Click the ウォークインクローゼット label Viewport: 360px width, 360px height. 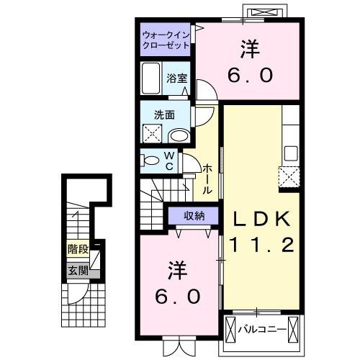pos(166,39)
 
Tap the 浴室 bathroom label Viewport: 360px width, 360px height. pos(177,78)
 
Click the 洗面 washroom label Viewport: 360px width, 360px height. pos(164,113)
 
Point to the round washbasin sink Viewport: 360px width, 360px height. pos(178,135)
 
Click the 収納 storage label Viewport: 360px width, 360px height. pos(193,215)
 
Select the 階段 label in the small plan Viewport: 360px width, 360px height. pos(78,250)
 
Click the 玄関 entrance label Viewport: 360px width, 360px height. pos(78,271)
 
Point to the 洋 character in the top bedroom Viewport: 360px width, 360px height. pos(250,50)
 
